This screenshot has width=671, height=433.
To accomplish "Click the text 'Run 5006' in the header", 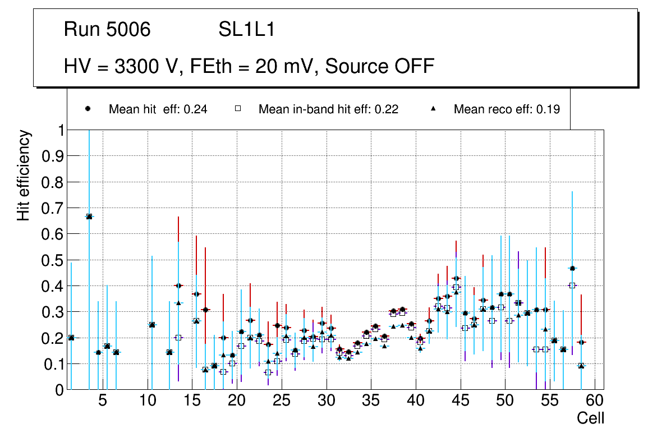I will click(x=107, y=29).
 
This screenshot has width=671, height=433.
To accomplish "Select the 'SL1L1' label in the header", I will click(x=246, y=29).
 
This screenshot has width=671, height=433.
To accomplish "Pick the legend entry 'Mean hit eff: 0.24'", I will click(x=158, y=109).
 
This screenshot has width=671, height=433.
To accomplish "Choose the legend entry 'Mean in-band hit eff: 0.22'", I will click(x=328, y=109).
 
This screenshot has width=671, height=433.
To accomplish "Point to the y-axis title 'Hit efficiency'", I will click(x=24, y=175).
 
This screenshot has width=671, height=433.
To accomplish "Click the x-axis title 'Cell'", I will click(x=591, y=418).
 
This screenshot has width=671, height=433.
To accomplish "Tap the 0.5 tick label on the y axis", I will click(x=53, y=260).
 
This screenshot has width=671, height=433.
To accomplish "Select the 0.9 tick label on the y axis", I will click(x=53, y=156).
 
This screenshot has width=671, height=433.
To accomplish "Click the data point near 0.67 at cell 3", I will click(x=89, y=216).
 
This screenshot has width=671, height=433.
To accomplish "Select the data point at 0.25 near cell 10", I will click(x=151, y=325).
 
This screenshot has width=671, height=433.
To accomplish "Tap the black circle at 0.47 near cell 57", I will click(x=572, y=268).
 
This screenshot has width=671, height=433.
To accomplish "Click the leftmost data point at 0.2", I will click(x=71, y=338).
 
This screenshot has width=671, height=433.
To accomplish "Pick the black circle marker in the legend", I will click(x=88, y=109).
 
